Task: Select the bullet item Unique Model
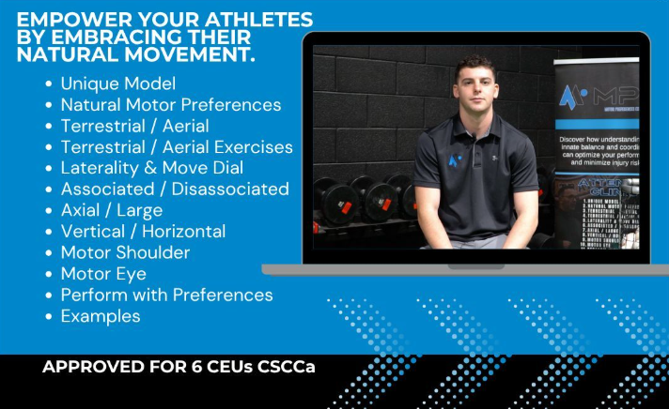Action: tap(117, 83)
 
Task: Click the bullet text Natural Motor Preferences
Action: tap(170, 105)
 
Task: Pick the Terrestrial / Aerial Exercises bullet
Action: tap(176, 147)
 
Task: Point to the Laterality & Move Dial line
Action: tap(151, 168)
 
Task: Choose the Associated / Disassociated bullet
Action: tap(174, 189)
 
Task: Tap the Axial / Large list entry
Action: tap(111, 210)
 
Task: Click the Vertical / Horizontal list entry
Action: tap(143, 231)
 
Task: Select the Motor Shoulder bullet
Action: tap(125, 252)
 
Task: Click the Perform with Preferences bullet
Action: tap(166, 295)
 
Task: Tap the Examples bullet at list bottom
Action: tap(100, 316)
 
